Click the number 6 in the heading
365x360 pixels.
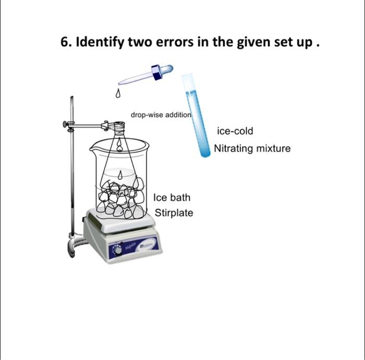65,42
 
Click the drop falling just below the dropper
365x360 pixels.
118,94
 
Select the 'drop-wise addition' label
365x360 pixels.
161,115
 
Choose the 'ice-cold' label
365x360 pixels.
235,131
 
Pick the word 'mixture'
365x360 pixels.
273,149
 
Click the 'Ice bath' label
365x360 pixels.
172,197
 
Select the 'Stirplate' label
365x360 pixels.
174,213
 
